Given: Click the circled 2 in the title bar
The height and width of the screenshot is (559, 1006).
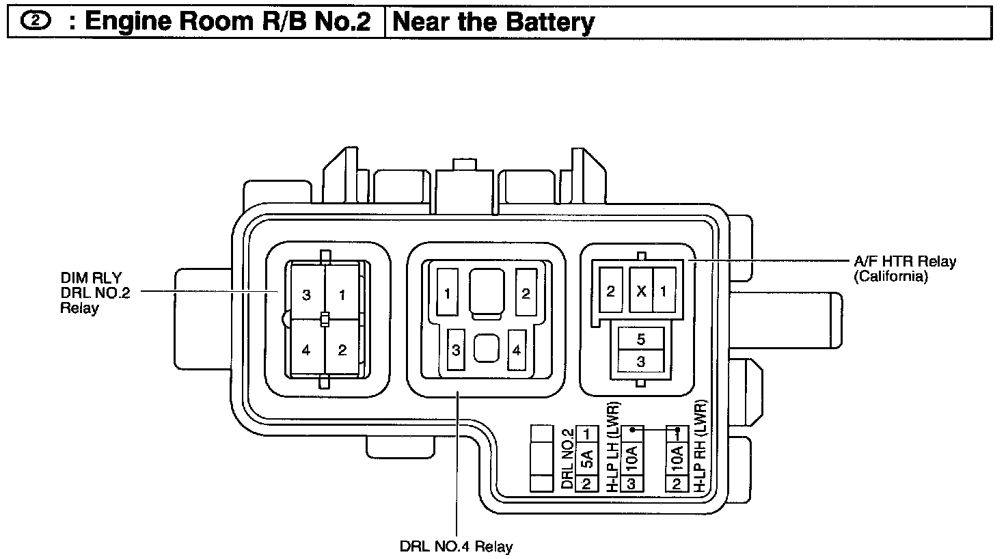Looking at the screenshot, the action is click(x=36, y=21).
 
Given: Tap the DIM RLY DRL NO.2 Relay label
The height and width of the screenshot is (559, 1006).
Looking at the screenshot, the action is click(x=95, y=292).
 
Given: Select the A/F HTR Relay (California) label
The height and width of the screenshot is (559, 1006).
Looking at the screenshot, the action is click(x=905, y=268).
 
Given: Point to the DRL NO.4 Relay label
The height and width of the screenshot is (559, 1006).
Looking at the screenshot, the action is click(x=456, y=547).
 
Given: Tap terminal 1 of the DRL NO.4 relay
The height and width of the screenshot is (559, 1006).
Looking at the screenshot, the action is click(x=448, y=292).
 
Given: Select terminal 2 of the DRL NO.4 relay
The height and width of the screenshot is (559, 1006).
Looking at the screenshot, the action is click(x=526, y=292).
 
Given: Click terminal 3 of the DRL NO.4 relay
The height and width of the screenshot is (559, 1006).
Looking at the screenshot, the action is click(x=456, y=349).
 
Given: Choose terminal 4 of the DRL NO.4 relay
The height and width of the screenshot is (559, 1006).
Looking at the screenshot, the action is click(x=517, y=349).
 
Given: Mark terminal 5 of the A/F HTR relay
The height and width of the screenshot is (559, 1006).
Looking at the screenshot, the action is click(x=641, y=338).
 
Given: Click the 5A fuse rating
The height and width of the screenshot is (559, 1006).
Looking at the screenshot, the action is click(x=587, y=459).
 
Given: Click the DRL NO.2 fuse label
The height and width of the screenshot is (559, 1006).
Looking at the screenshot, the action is click(x=568, y=459).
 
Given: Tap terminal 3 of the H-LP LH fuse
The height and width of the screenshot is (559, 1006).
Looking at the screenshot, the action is click(x=631, y=484).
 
